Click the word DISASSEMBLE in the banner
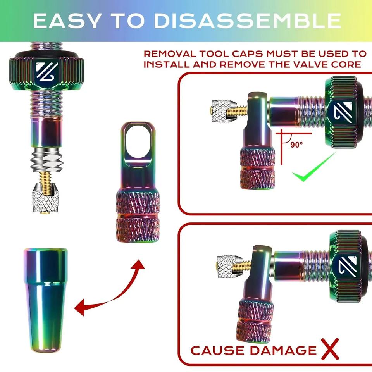click(248, 21)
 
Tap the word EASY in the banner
click(67, 21)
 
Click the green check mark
click(313, 168)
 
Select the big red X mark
click(330, 349)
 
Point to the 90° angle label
click(296, 145)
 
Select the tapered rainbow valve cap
click(46, 300)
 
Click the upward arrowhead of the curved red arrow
click(139, 264)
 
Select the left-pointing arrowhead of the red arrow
click(80, 308)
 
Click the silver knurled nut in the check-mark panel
click(224, 111)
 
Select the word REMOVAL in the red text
click(170, 54)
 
